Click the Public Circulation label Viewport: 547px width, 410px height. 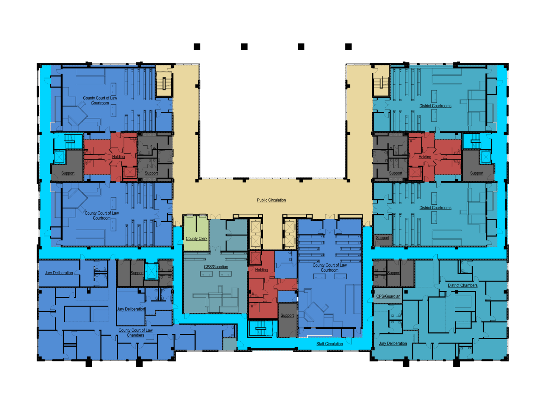[x=271, y=200]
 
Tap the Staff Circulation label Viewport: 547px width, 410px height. [x=329, y=344]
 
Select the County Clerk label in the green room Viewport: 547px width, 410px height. [x=196, y=238]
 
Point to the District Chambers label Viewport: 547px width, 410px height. [x=463, y=285]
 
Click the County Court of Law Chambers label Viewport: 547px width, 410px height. [x=135, y=332]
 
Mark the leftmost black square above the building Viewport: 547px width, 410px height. [x=197, y=47]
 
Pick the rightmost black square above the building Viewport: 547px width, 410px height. [x=348, y=47]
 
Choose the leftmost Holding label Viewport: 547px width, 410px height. [x=118, y=157]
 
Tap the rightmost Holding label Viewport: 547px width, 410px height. [x=424, y=157]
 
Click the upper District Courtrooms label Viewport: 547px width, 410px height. [x=435, y=106]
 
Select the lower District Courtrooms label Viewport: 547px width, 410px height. [x=435, y=207]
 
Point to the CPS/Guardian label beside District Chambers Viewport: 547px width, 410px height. [x=388, y=296]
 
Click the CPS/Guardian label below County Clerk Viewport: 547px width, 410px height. [x=216, y=267]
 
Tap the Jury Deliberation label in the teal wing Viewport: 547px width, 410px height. [x=393, y=343]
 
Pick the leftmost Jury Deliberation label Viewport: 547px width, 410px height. [x=59, y=273]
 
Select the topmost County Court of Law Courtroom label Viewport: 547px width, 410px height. [x=100, y=100]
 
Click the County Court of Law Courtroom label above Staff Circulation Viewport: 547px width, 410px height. [x=329, y=268]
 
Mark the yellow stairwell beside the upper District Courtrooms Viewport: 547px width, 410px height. [x=381, y=81]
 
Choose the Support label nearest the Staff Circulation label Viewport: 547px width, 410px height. [x=287, y=315]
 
